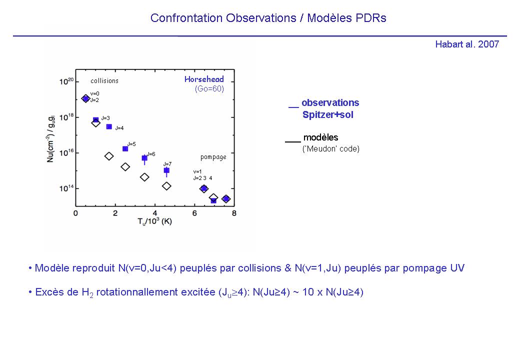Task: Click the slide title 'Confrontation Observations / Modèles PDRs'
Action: click(x=268, y=18)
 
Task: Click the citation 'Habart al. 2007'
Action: click(x=467, y=44)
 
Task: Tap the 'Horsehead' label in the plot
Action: click(x=204, y=79)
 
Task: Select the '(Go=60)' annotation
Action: click(x=209, y=89)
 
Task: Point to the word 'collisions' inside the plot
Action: click(x=104, y=81)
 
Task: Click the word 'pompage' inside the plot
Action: click(x=213, y=157)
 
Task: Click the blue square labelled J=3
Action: click(x=96, y=120)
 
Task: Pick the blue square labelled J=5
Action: click(x=125, y=148)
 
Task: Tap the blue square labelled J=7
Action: click(x=166, y=170)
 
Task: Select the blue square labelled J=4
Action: click(x=109, y=126)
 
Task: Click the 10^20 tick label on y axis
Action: click(x=66, y=81)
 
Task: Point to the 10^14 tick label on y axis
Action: click(x=66, y=188)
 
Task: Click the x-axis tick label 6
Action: click(x=194, y=213)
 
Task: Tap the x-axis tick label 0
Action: click(x=76, y=213)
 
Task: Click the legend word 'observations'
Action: click(x=330, y=102)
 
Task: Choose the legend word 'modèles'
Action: click(x=320, y=137)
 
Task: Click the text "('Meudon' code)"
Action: click(x=331, y=148)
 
